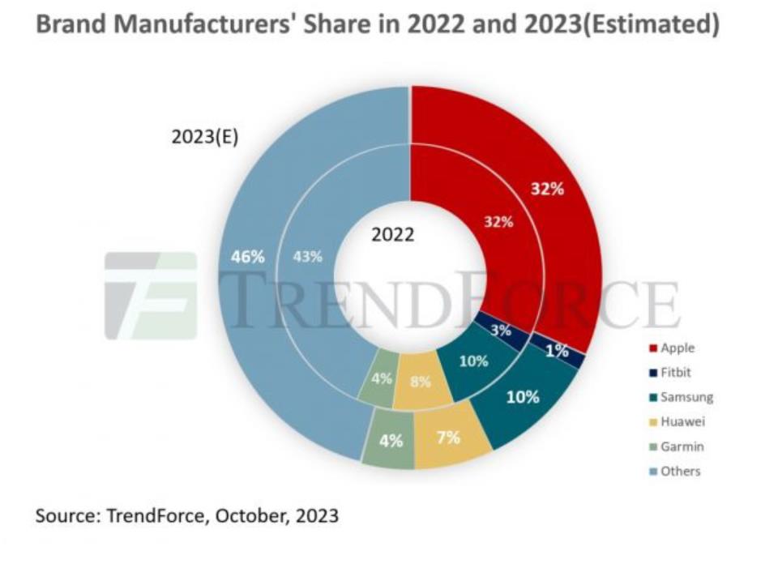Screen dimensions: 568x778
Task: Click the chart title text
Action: click(377, 25)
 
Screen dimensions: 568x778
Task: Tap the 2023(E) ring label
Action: click(204, 137)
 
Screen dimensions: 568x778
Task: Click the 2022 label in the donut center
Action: click(392, 235)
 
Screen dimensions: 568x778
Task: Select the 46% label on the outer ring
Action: click(248, 257)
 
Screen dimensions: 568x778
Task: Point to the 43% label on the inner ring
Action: click(307, 257)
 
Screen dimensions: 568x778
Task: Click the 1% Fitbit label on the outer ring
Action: click(556, 352)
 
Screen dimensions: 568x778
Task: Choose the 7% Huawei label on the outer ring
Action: click(448, 438)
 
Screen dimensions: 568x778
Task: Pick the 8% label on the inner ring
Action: click(420, 382)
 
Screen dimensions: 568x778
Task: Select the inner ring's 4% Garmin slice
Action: click(380, 378)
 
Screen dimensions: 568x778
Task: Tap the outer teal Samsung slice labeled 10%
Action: click(522, 397)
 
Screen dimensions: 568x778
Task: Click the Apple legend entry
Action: click(673, 348)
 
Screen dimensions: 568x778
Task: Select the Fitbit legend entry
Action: click(672, 373)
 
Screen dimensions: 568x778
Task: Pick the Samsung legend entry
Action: click(680, 397)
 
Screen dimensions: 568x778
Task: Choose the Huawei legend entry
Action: click(676, 421)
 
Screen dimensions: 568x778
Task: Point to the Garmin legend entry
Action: click(676, 446)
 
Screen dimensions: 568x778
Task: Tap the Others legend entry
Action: click(674, 471)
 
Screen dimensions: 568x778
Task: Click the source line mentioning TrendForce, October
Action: click(186, 515)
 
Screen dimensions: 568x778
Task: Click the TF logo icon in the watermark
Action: click(151, 296)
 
